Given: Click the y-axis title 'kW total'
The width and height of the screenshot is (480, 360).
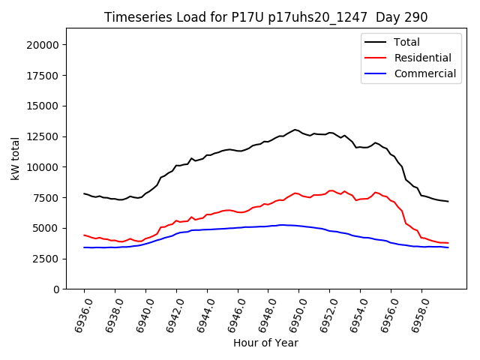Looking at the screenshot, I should pos(16,158).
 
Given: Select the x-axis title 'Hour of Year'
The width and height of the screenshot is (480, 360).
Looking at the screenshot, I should pos(265,343).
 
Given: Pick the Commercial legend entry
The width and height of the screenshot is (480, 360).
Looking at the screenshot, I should pos(424,73).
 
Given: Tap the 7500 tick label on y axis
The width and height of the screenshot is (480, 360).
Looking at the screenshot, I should pos(47,198).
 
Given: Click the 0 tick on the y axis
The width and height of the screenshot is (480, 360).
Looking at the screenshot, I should pos(56,289).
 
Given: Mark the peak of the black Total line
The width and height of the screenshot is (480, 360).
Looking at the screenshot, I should pos(295,130).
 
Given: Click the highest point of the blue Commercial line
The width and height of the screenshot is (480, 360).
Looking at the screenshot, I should pos(281,224).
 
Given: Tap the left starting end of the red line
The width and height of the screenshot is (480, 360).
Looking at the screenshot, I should pos(84,235).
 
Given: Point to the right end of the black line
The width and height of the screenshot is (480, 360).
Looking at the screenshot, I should pos(448,201).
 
